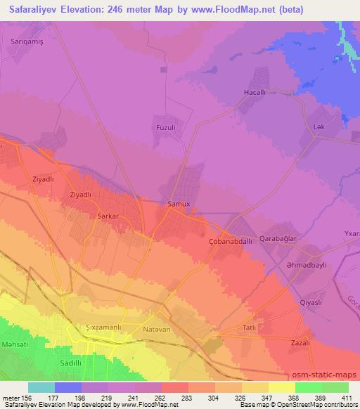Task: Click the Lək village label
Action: [x=318, y=126]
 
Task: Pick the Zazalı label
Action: [x=300, y=342]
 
